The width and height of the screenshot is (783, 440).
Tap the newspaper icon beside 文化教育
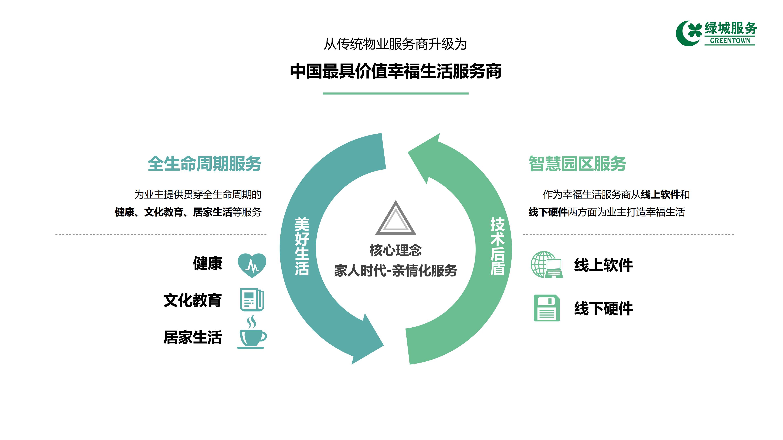[252, 300]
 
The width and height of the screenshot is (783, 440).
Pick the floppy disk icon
[546, 308]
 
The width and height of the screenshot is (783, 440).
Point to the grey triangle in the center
[395, 219]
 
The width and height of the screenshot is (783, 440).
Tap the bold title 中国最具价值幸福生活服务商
[395, 71]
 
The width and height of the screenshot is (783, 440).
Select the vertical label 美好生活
[302, 246]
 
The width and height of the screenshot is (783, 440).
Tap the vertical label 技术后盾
[497, 246]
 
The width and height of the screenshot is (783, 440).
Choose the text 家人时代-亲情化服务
[395, 271]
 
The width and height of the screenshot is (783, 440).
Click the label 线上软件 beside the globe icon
[603, 265]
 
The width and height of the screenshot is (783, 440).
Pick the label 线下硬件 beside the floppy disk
[603, 309]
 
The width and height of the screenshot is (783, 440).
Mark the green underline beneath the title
[395, 93]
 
